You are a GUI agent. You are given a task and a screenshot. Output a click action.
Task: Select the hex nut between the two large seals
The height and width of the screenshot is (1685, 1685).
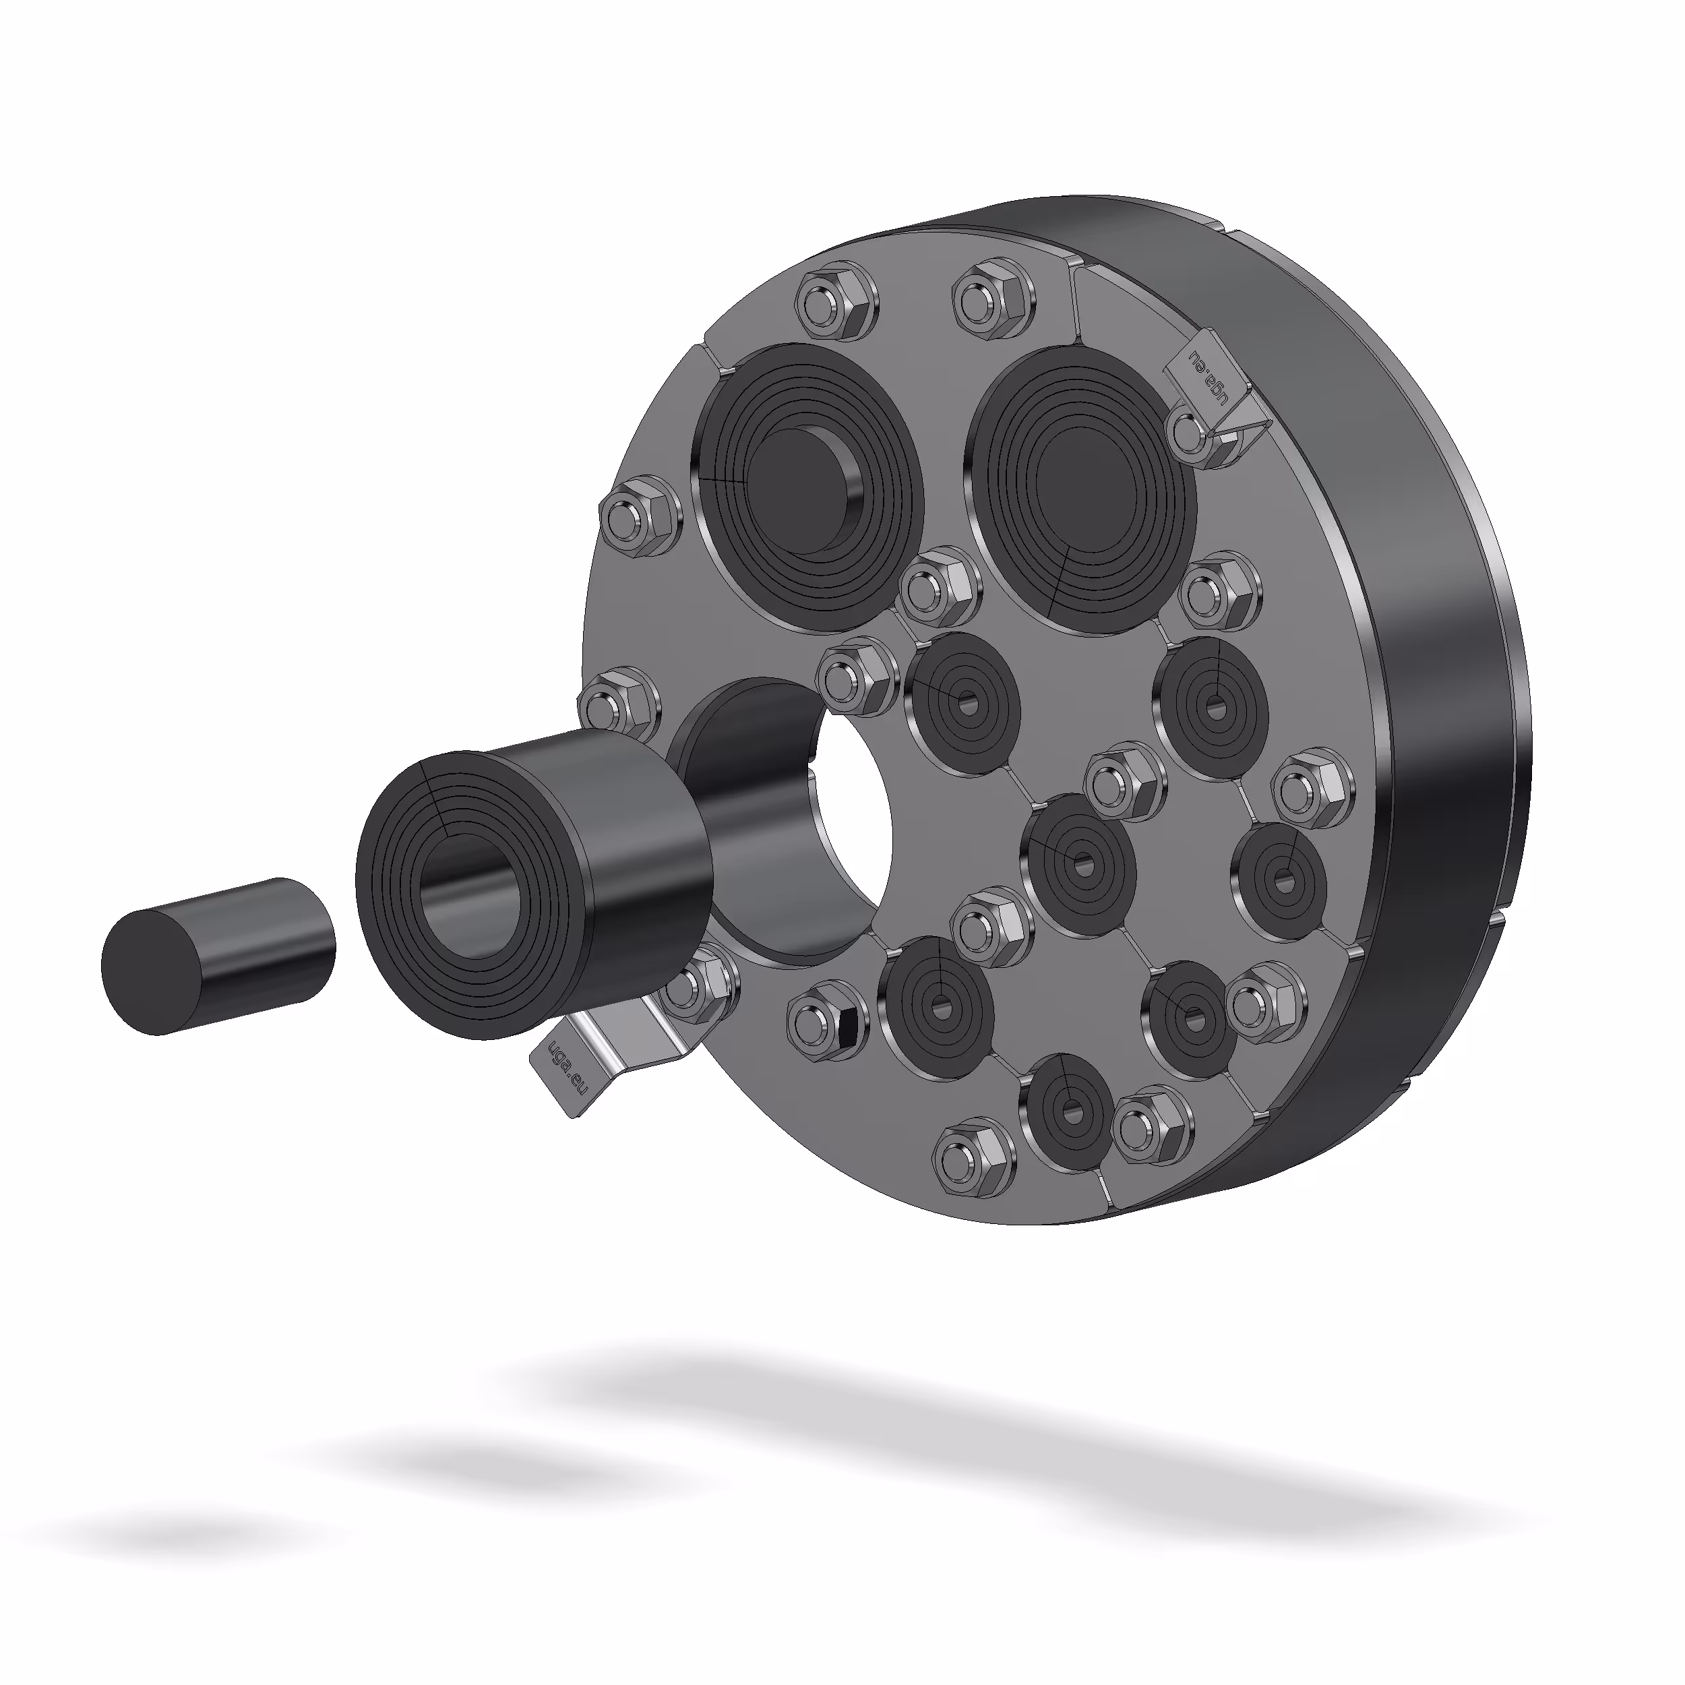pyautogui.click(x=938, y=588)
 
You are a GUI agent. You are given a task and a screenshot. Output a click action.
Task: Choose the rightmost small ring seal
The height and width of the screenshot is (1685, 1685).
pyautogui.click(x=1279, y=881)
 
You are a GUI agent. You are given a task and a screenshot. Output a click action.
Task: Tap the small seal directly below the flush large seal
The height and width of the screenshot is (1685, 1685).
pyautogui.click(x=1210, y=702)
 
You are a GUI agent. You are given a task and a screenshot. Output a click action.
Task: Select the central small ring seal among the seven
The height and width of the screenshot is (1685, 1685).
pyautogui.click(x=1082, y=863)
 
